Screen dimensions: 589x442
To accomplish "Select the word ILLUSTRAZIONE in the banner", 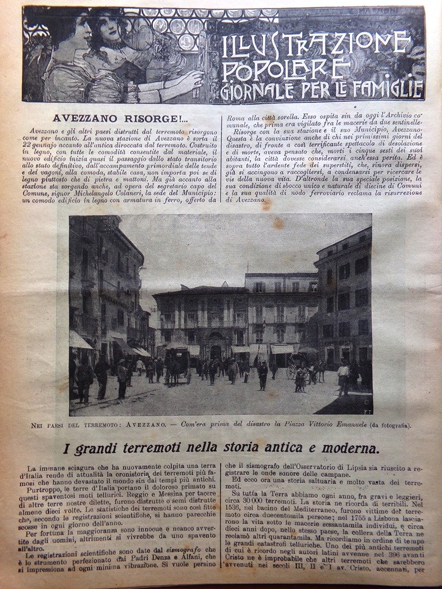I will [316, 45].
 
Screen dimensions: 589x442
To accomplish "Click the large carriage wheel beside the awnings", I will [291, 371].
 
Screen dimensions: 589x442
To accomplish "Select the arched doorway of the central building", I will [216, 350].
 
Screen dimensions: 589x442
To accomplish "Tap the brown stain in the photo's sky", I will [279, 224].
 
